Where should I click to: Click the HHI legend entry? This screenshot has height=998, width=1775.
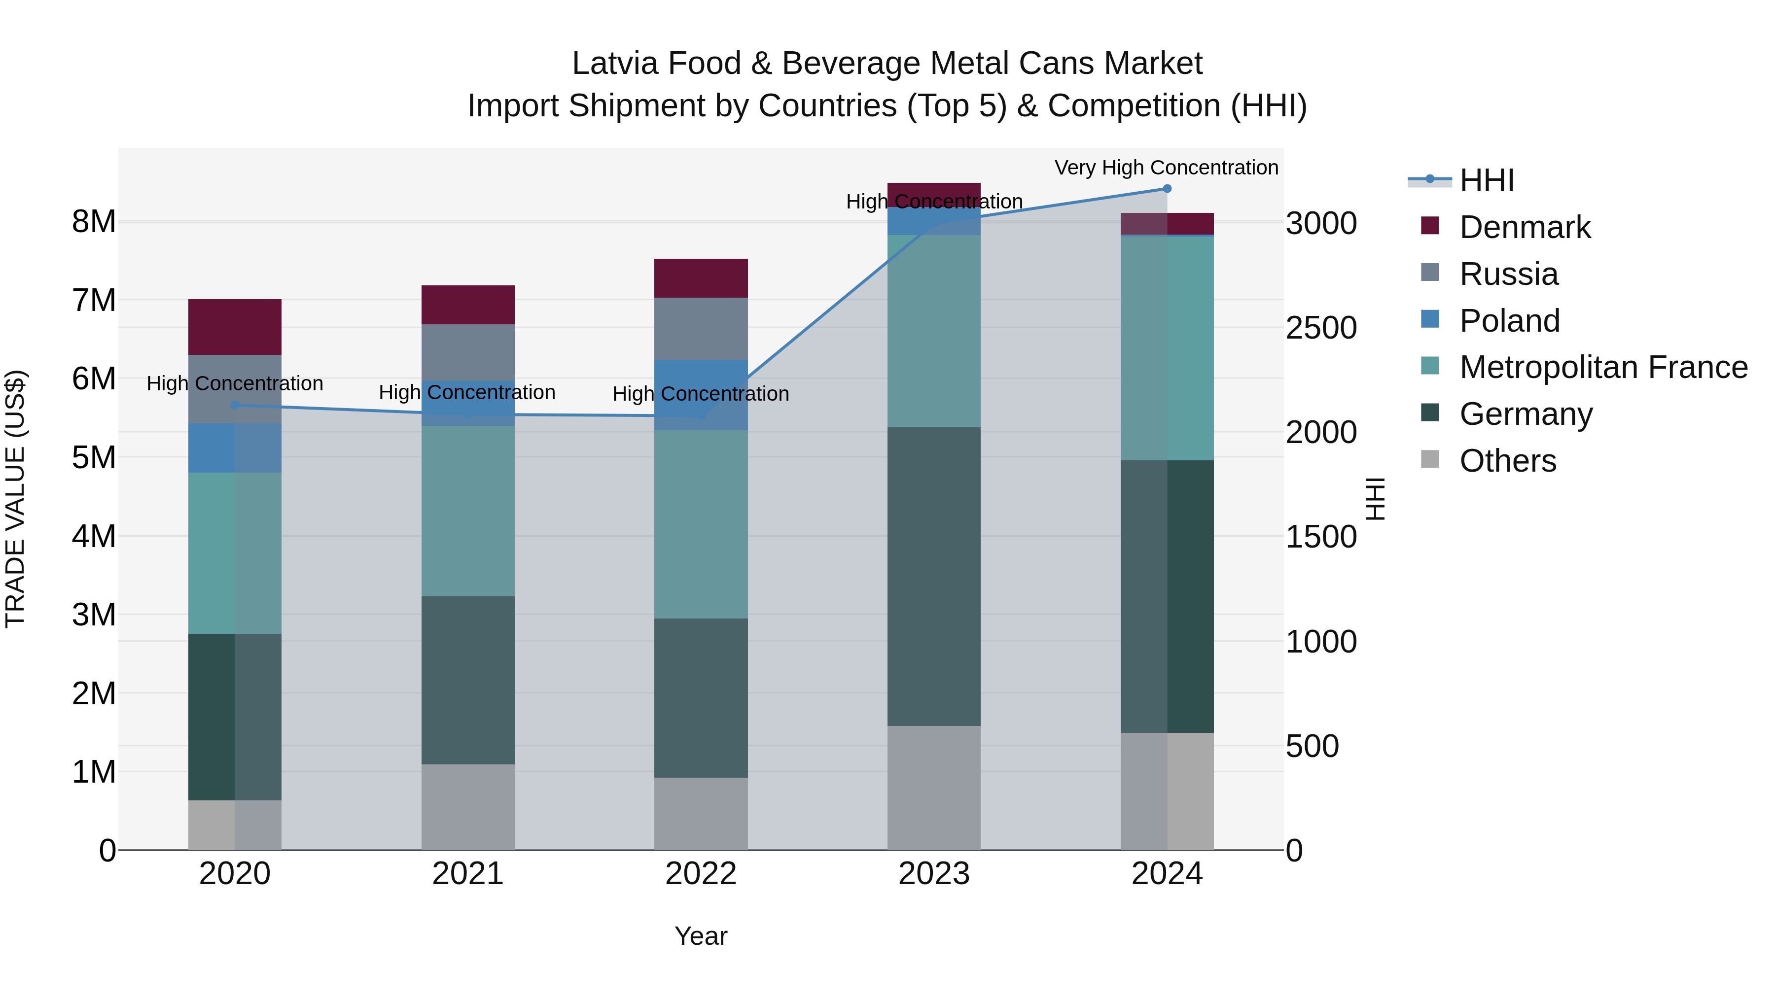[1486, 180]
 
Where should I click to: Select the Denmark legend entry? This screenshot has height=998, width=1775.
[1524, 227]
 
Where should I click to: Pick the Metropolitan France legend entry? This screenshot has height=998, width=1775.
[1603, 367]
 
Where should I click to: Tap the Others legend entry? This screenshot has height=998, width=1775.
[1507, 461]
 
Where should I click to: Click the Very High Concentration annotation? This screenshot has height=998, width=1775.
[1166, 168]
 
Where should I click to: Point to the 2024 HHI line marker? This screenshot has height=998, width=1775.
[1167, 188]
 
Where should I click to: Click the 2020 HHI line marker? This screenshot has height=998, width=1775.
[235, 405]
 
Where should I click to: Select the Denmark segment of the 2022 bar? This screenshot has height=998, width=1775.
[701, 278]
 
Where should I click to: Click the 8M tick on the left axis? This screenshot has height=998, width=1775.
[94, 222]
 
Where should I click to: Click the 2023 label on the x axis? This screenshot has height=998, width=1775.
[934, 874]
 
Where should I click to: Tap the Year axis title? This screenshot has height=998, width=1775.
[701, 936]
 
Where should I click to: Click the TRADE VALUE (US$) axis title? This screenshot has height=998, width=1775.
[15, 499]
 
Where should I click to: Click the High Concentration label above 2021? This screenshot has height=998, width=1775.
[467, 393]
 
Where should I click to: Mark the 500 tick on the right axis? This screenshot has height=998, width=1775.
[1312, 746]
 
